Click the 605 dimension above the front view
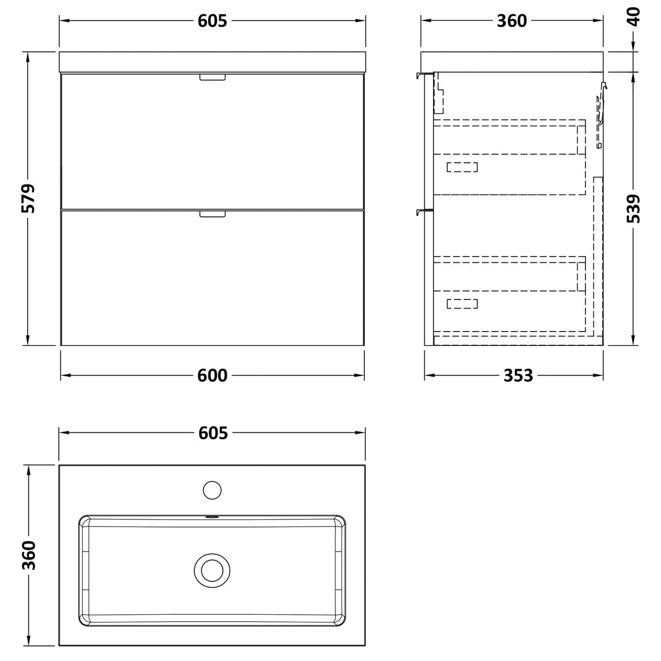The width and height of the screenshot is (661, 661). [212, 21]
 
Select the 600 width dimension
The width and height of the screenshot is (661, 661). [212, 375]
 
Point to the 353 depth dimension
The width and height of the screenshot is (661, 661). [518, 375]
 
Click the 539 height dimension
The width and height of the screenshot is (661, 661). [633, 209]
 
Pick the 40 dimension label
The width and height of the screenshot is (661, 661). [633, 17]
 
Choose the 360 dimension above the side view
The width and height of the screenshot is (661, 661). [512, 21]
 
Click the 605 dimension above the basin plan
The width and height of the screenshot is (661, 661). [213, 433]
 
